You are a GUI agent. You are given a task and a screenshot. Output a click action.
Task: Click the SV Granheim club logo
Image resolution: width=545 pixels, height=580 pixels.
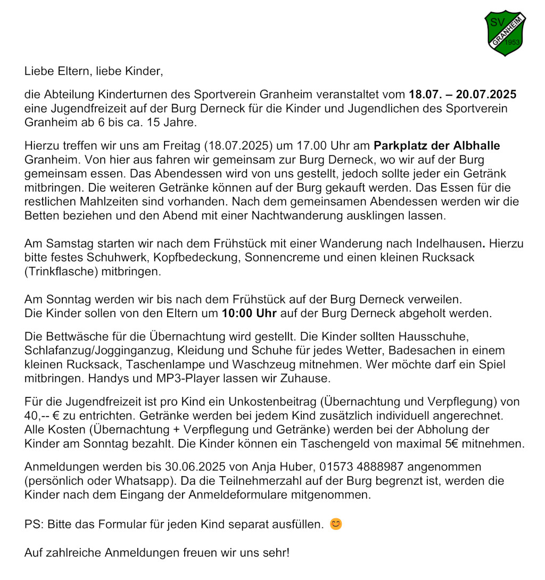click(505, 33)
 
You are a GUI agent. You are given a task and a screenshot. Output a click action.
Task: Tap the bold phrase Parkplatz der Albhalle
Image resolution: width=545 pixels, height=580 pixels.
click(437, 146)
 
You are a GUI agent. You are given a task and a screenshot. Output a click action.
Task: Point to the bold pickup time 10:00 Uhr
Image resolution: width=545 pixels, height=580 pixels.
click(249, 313)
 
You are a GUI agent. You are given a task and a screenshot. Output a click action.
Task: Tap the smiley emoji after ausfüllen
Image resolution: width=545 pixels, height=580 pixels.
click(336, 525)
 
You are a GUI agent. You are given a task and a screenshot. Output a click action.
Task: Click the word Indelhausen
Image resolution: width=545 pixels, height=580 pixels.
click(440, 244)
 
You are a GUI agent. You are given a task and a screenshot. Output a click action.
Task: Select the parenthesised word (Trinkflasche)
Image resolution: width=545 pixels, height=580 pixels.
click(62, 271)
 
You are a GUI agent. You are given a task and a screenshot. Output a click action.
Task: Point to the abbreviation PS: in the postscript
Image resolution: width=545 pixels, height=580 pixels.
click(34, 525)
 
